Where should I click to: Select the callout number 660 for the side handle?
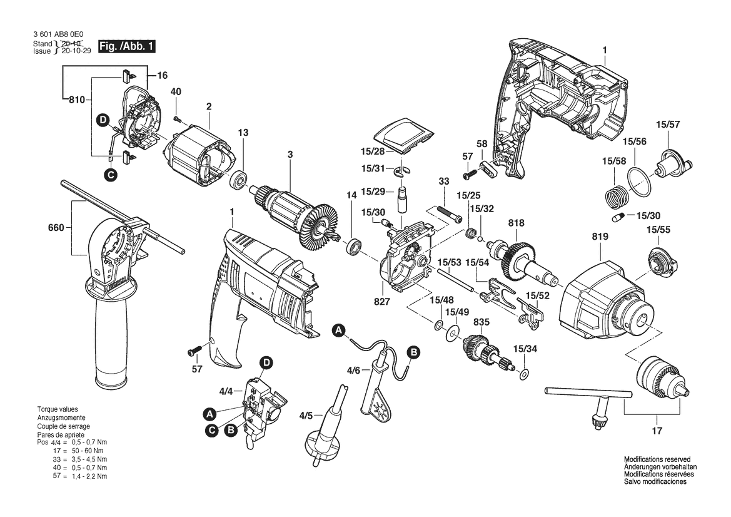point(56,228)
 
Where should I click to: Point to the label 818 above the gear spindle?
point(517,223)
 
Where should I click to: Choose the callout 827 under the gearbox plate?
point(382,302)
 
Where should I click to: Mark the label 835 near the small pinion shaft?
point(481,323)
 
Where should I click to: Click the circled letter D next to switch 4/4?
point(266,362)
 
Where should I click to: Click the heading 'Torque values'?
point(58,409)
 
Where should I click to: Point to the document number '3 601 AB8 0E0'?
point(59,35)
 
